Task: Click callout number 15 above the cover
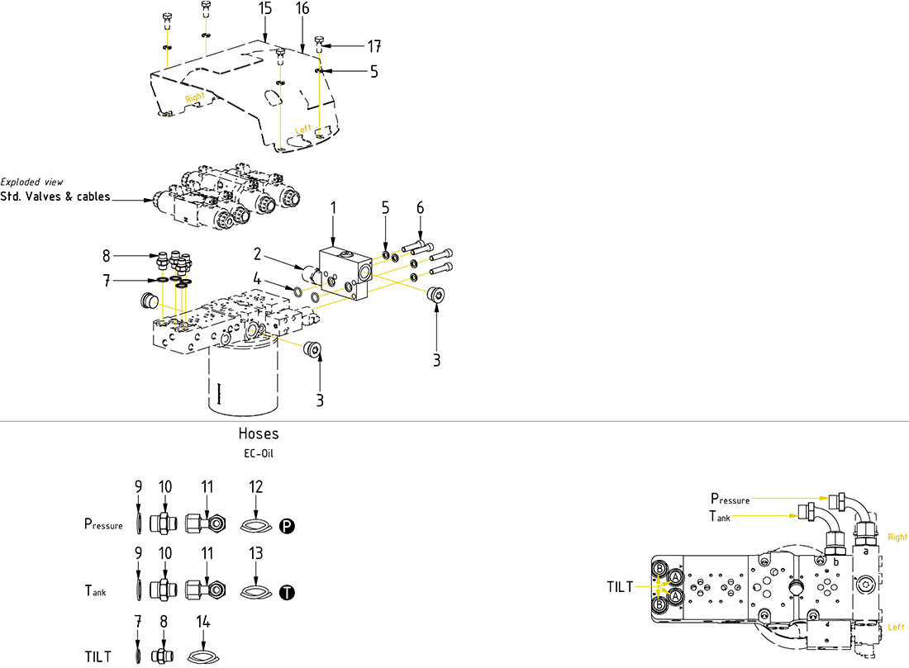(x=264, y=8)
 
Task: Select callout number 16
(x=302, y=8)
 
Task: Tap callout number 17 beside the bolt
(x=374, y=45)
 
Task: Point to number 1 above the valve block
(x=333, y=210)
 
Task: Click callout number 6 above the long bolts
(x=420, y=208)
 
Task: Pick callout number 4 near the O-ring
(x=258, y=280)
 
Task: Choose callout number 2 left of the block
(x=257, y=253)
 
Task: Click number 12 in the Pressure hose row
(x=255, y=487)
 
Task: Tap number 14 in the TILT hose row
(x=203, y=620)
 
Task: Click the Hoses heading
(x=259, y=433)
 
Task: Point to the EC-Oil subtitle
(x=259, y=453)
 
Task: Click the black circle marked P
(x=287, y=526)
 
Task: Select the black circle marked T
(x=287, y=592)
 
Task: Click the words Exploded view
(x=31, y=182)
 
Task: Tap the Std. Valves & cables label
(x=55, y=197)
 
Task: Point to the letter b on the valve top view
(x=836, y=562)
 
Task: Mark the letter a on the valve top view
(x=865, y=550)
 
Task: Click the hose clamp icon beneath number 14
(x=202, y=656)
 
